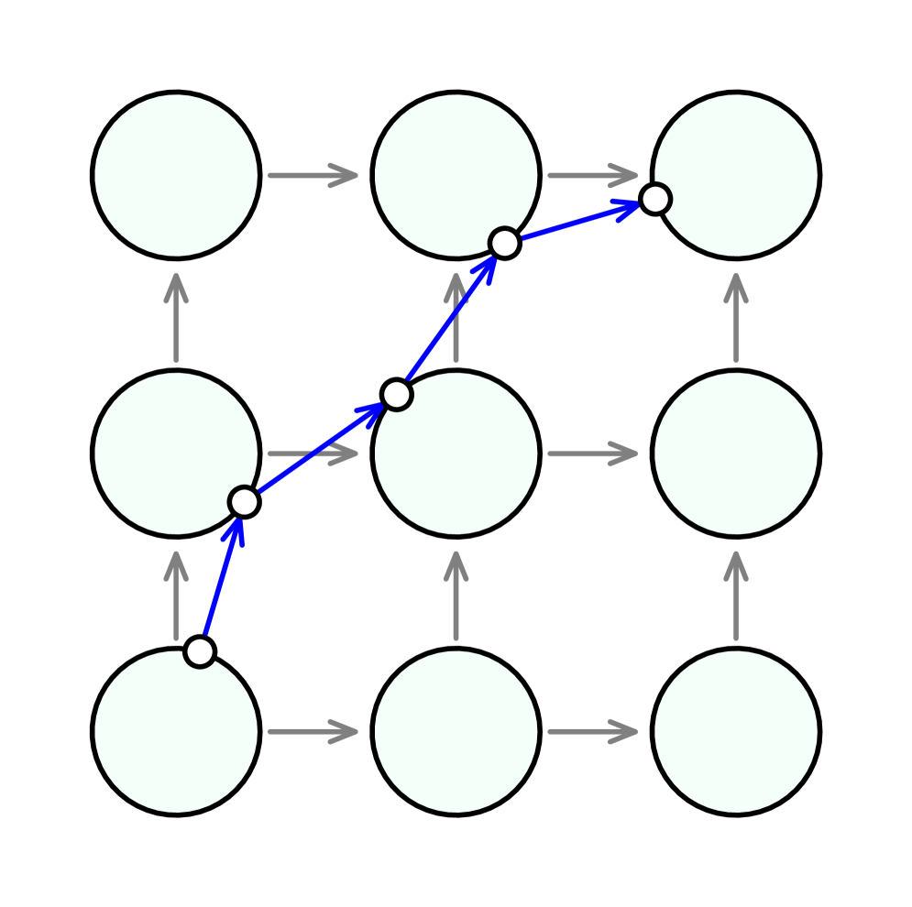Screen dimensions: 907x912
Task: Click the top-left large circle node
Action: click(x=176, y=175)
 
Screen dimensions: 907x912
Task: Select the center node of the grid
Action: click(x=456, y=453)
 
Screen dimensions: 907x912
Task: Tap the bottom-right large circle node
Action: click(x=735, y=731)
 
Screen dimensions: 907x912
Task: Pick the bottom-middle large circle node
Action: click(x=456, y=731)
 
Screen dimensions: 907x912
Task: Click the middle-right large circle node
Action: click(x=735, y=453)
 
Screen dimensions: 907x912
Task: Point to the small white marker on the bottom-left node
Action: click(x=200, y=651)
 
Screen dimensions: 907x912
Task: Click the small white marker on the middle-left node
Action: click(x=244, y=502)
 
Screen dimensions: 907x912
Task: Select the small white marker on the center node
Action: click(x=396, y=394)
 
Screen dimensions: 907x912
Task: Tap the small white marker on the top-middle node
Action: click(x=504, y=244)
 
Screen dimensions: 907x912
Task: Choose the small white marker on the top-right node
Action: click(x=654, y=199)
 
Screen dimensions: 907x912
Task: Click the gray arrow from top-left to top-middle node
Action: click(x=313, y=175)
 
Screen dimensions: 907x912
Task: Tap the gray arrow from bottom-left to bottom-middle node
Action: click(x=313, y=731)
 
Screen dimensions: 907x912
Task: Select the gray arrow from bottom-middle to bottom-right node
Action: click(x=592, y=731)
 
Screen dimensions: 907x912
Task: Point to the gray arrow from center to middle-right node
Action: click(x=592, y=453)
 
